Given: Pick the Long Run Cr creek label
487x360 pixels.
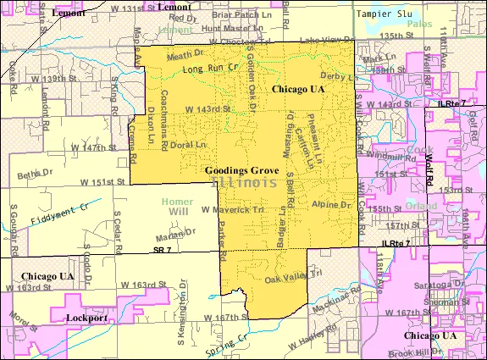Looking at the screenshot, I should (x=207, y=67).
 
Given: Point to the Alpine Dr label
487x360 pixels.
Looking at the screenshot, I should (x=330, y=205).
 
